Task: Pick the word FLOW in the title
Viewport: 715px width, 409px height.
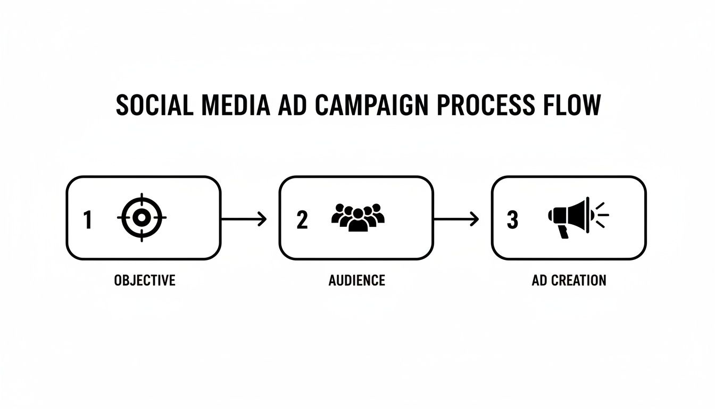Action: coord(572,105)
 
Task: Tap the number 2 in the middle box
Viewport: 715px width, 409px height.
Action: coord(302,219)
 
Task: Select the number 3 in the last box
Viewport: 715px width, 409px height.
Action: coord(512,219)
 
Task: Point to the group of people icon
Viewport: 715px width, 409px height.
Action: coord(358,217)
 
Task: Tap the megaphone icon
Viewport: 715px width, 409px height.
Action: coord(570,216)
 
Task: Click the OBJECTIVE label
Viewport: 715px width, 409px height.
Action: coord(145,280)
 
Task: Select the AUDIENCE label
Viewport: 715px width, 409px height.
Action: coord(357,280)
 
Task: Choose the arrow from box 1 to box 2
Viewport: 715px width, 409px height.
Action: coord(244,218)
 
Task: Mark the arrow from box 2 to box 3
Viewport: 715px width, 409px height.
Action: coord(456,218)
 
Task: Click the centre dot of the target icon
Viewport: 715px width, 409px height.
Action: coord(142,217)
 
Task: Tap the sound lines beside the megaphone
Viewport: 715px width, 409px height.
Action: coord(601,215)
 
